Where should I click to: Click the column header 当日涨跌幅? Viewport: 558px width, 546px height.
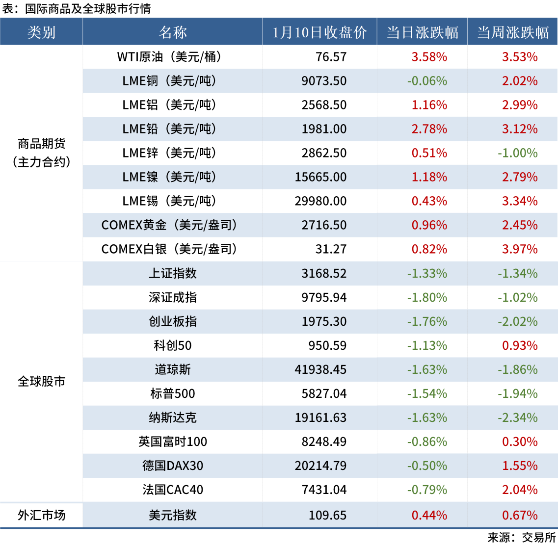coord(422,32)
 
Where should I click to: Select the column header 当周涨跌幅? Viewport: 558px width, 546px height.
coord(512,32)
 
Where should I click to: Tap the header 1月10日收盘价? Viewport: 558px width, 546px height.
coord(319,32)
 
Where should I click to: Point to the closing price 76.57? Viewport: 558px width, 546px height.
coord(331,57)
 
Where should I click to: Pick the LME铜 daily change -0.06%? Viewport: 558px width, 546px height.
coord(427,81)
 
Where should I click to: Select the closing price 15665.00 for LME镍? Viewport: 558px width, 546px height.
coord(320,177)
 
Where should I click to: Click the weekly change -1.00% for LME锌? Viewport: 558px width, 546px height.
coord(517,153)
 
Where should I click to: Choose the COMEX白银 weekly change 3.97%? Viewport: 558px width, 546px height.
coord(520,249)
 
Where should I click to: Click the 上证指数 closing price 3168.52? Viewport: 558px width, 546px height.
coord(324,273)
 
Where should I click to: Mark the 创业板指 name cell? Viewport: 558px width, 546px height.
coord(172,321)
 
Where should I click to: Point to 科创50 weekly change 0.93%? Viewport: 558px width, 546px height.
coord(520,345)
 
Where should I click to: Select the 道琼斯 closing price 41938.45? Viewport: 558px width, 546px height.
coord(320,369)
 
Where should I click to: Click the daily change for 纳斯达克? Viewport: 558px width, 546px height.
coord(427,417)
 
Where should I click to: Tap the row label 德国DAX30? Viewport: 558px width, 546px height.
coord(172,466)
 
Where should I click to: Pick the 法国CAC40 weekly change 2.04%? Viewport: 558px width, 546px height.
coord(520,490)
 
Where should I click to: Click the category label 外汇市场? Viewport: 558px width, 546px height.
coord(41,515)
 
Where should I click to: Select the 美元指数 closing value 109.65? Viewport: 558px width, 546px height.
coord(327,515)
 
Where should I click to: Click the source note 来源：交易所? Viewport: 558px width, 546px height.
coord(521,537)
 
